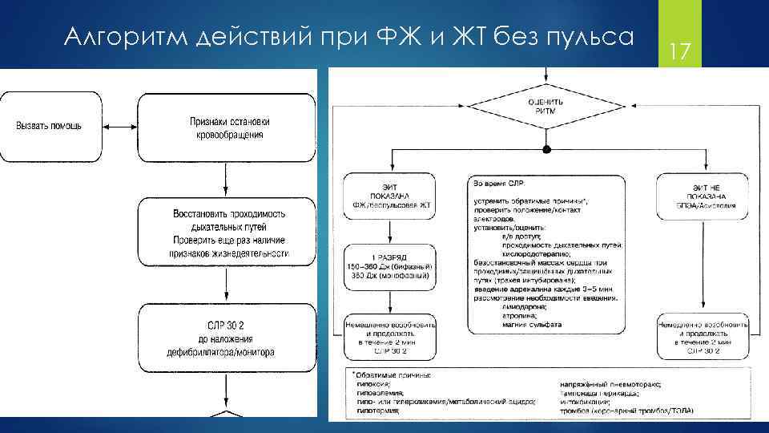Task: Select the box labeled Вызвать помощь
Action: click(x=47, y=127)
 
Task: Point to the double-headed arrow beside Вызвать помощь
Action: click(x=112, y=127)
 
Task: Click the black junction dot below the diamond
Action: click(x=546, y=150)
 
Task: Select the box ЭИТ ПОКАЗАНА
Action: click(x=390, y=195)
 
